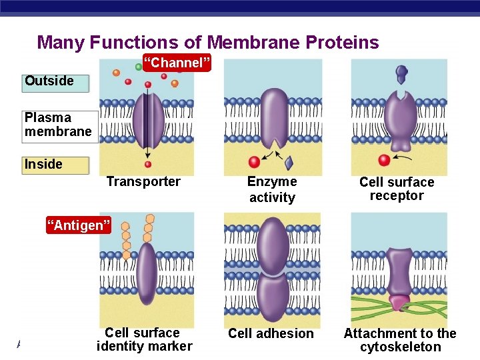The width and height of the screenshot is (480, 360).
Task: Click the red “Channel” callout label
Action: pos(177,63)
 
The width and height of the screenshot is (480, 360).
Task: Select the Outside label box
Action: pos(55,81)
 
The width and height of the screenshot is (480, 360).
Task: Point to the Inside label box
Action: pos(55,165)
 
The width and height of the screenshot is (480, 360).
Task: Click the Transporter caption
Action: pos(143,182)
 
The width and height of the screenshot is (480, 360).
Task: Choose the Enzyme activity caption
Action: pos(272,189)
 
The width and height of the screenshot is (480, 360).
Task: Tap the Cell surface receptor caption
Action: pos(397,189)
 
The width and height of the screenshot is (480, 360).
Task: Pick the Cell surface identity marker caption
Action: pos(144,339)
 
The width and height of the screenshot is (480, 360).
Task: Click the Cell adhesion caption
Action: pos(271,333)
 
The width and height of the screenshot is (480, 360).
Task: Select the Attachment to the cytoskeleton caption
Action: pos(400,340)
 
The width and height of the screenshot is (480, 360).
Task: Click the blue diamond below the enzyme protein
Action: pos(289,163)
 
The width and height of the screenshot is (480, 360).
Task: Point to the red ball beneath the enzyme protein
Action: pos(254,162)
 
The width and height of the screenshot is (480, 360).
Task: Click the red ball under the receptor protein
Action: pos(383,160)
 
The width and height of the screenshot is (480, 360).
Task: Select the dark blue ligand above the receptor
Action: pos(401,73)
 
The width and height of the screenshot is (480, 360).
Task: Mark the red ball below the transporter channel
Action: pos(148,164)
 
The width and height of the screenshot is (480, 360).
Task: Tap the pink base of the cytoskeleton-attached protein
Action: pos(400,303)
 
